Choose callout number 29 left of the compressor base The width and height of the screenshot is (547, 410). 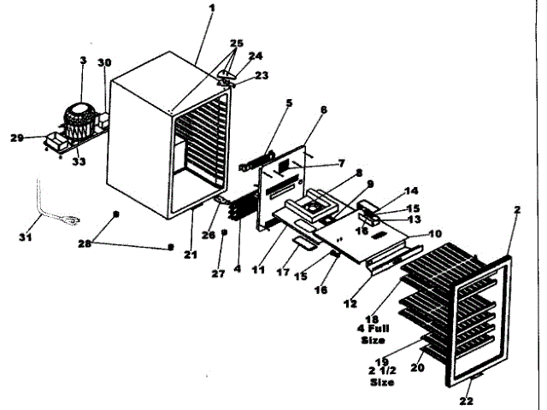[15, 137]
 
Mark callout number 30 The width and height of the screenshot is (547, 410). [104, 63]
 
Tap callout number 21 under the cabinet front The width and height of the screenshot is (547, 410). [190, 256]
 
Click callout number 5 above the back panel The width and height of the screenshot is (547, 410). [289, 103]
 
